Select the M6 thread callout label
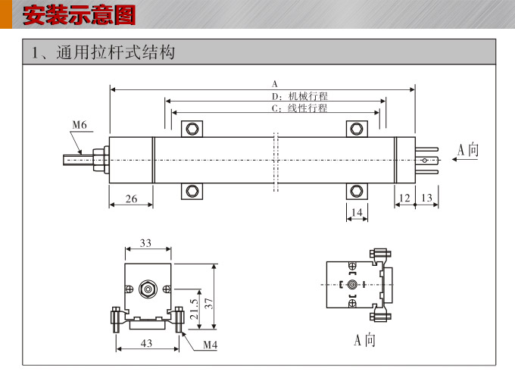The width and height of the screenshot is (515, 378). pos(80,125)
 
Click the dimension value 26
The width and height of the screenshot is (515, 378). pos(131,198)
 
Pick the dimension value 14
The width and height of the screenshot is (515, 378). pos(357,213)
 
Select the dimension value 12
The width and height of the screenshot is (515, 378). pos(404,198)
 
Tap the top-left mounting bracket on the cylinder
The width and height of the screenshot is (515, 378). pos(193,128)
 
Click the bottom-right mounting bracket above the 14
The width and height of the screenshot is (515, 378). pos(356,190)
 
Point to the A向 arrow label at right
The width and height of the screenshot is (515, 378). pos(468,149)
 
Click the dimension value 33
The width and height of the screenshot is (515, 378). pos(146,243)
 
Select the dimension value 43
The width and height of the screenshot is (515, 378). pos(146,343)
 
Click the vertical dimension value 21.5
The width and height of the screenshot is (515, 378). pos(194,308)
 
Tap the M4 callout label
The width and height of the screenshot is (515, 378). pos(211,345)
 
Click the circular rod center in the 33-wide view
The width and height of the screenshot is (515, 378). pos(147,288)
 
